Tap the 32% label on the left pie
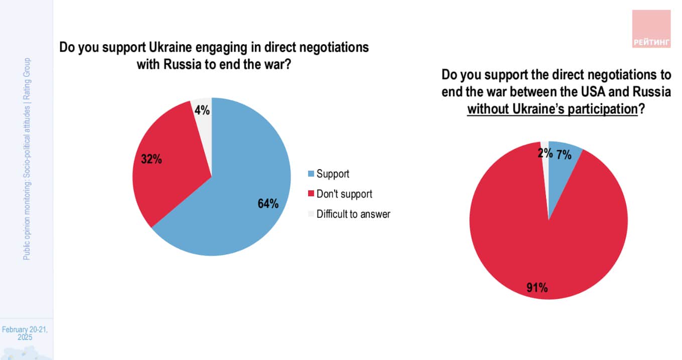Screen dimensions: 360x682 coord(151,160)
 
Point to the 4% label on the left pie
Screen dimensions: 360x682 coord(202,109)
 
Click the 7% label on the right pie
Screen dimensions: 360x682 coord(564,155)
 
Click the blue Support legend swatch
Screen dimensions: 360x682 coord(311,174)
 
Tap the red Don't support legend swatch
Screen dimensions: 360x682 coord(311,194)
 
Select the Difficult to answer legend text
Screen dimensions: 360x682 coord(353,214)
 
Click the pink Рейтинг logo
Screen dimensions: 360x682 coord(651,29)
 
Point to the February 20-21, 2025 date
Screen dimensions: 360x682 coord(25,333)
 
